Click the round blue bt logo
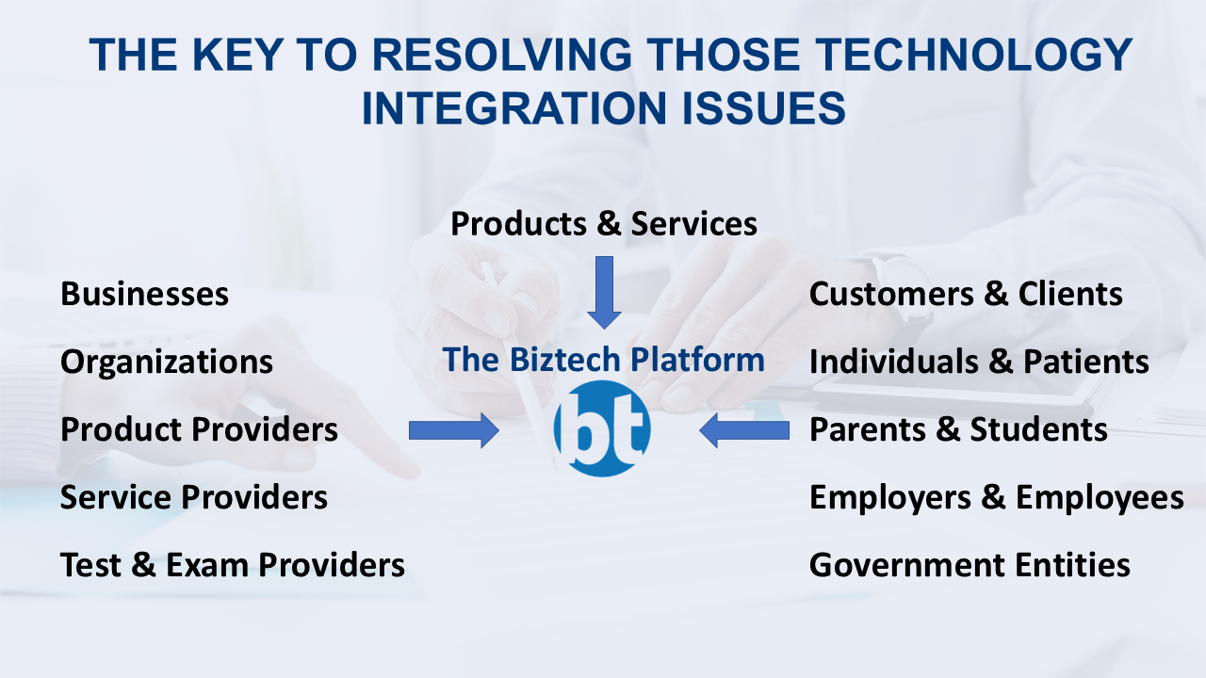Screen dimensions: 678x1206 click(602, 429)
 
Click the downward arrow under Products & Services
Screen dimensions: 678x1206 click(604, 291)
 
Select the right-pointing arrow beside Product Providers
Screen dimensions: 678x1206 click(453, 430)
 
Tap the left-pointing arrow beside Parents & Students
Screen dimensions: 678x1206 click(744, 430)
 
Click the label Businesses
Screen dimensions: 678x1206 click(144, 294)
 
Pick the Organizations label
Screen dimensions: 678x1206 click(167, 363)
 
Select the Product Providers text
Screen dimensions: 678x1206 click(199, 429)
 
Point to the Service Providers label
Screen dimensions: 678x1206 click(194, 497)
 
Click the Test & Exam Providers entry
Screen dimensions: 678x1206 click(233, 565)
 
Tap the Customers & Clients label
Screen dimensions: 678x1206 click(966, 294)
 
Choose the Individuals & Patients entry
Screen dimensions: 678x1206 click(979, 362)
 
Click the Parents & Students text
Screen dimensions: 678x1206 click(958, 429)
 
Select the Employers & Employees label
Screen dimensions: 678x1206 click(996, 497)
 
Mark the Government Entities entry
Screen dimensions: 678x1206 click(970, 565)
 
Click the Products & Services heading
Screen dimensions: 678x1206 click(604, 224)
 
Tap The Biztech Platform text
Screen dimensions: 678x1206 click(604, 359)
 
